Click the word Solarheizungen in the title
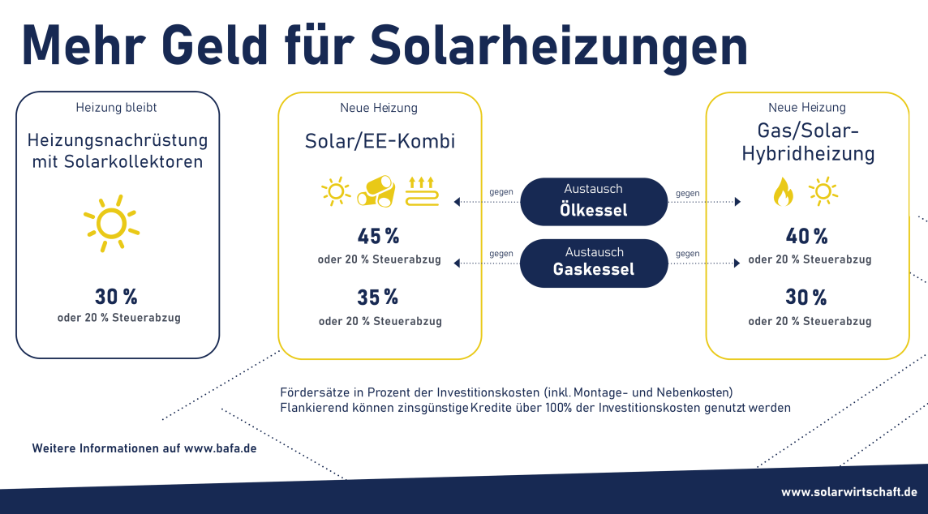click(x=559, y=47)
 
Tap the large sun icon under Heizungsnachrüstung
click(x=111, y=224)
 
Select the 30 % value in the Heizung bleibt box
click(x=116, y=297)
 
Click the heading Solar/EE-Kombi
click(x=380, y=141)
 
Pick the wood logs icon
click(x=376, y=191)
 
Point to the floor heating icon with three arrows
click(x=422, y=191)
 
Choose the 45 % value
click(x=378, y=237)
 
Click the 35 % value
click(x=377, y=297)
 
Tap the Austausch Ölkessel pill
click(x=594, y=202)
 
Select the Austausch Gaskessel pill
click(x=594, y=263)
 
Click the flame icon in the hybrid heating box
click(x=783, y=191)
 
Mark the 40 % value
click(x=806, y=237)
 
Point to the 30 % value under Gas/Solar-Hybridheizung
click(x=806, y=297)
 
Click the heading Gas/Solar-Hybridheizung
click(x=808, y=142)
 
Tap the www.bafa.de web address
click(x=220, y=448)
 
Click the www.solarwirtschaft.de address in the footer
click(x=849, y=492)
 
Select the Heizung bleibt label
click(x=116, y=108)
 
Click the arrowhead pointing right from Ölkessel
click(x=737, y=202)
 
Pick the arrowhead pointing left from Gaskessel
click(x=457, y=263)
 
